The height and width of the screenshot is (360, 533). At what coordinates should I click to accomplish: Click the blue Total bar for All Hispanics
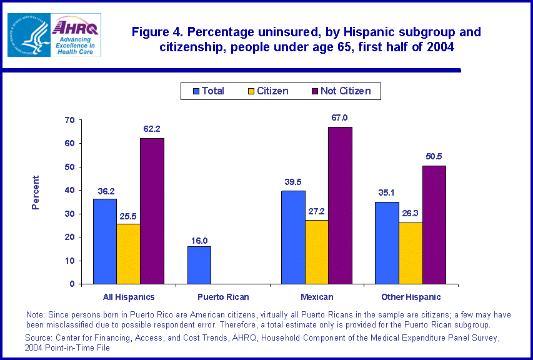pyautogui.click(x=104, y=241)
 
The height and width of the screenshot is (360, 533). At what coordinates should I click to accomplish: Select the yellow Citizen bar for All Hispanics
pyautogui.click(x=128, y=254)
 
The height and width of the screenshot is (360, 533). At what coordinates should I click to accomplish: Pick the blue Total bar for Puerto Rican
pyautogui.click(x=199, y=265)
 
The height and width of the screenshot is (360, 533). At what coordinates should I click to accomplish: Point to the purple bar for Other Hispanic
pyautogui.click(x=434, y=224)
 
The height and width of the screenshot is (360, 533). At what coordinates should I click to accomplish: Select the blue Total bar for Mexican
pyautogui.click(x=293, y=237)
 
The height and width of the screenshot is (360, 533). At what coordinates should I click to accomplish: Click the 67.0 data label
pyautogui.click(x=340, y=117)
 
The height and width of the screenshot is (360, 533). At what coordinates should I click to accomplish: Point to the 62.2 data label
pyautogui.click(x=152, y=129)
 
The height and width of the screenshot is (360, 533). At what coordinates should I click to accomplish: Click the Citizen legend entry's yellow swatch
pyautogui.click(x=250, y=91)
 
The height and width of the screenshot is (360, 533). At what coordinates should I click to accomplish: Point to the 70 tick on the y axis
pyautogui.click(x=69, y=120)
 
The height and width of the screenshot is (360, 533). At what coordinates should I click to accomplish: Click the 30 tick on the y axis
pyautogui.click(x=69, y=214)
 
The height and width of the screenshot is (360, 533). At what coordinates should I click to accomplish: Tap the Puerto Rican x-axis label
pyautogui.click(x=222, y=297)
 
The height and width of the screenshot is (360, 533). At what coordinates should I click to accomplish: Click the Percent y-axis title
pyautogui.click(x=36, y=192)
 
